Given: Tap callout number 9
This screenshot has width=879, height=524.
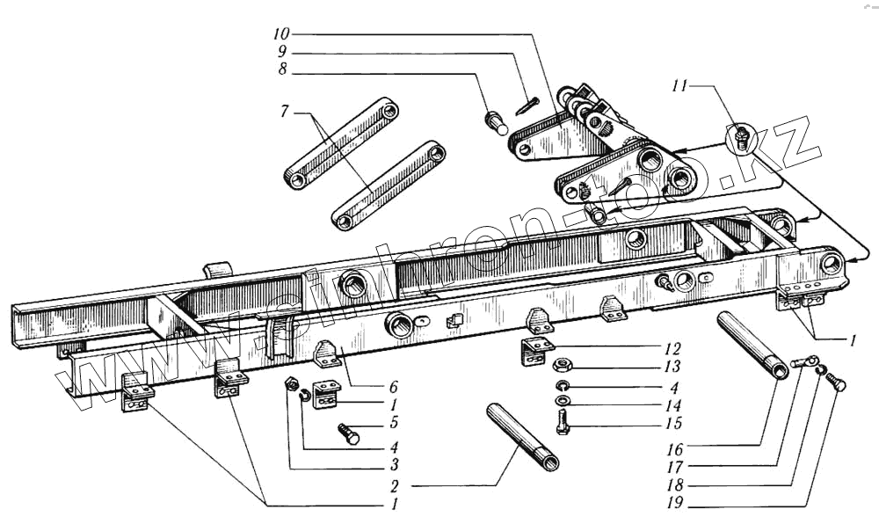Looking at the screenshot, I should click(x=281, y=51).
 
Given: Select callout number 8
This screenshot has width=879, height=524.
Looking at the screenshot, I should click(x=281, y=69).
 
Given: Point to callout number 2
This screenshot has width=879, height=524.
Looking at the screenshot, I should click(x=395, y=484).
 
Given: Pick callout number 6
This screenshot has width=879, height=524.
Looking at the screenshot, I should click(x=393, y=387).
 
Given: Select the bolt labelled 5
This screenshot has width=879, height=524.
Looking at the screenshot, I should click(x=348, y=433).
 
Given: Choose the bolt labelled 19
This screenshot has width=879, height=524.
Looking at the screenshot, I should click(x=836, y=384).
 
